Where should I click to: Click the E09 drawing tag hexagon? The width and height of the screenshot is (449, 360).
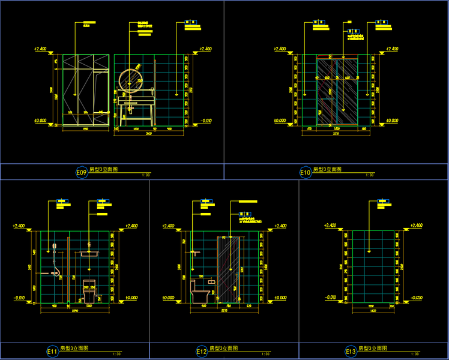(x=82, y=172)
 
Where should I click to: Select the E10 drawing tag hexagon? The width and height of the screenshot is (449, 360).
(x=306, y=172)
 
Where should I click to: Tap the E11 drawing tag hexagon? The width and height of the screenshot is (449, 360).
(x=52, y=351)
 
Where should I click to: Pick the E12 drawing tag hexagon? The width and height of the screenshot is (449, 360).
(x=202, y=351)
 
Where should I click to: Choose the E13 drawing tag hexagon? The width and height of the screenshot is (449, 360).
(x=351, y=351)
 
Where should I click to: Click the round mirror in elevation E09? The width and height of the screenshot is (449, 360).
(x=130, y=80)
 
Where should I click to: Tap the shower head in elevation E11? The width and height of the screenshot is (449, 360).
(x=55, y=246)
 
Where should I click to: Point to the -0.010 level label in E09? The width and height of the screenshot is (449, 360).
(x=205, y=120)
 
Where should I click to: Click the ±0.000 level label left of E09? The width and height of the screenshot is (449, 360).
(x=41, y=120)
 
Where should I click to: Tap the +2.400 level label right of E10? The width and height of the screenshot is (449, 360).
(x=391, y=49)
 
